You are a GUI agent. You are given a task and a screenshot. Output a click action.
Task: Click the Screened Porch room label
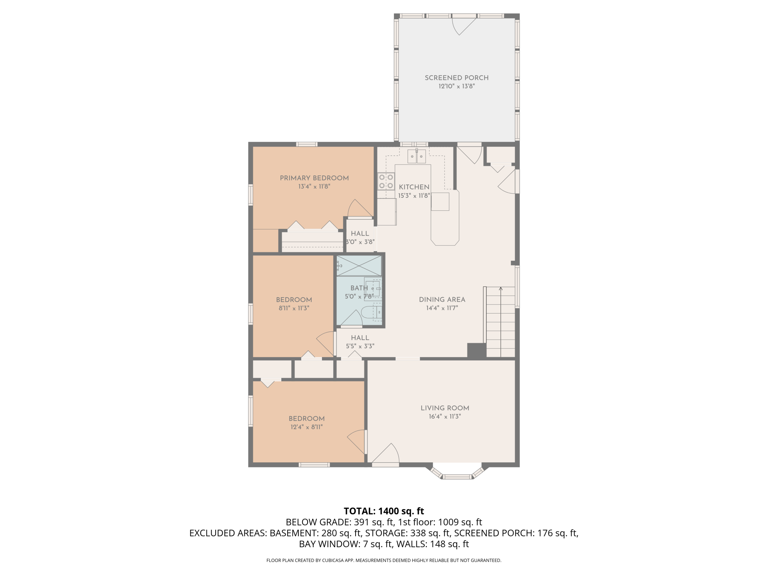click(x=457, y=78)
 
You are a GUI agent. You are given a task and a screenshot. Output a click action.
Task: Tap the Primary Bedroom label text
click(x=314, y=178)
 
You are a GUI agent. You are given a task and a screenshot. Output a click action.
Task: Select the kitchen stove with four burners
click(x=386, y=181)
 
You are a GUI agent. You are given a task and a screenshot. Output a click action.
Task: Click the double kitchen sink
click(x=417, y=156)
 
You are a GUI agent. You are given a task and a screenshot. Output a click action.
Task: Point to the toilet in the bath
click(x=371, y=312)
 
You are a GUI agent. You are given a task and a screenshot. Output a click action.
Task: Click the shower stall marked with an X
click(x=359, y=265)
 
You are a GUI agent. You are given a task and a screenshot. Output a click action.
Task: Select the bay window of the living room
click(x=457, y=472)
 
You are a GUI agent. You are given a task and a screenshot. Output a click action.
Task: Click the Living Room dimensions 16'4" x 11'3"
click(x=445, y=416)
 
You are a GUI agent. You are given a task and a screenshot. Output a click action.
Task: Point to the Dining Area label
click(x=442, y=299)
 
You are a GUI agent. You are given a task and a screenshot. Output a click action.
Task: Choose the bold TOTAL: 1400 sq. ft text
click(x=384, y=511)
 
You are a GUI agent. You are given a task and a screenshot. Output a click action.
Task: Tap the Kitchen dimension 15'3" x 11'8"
click(x=414, y=196)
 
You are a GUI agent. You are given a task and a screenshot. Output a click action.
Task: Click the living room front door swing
click(x=386, y=453)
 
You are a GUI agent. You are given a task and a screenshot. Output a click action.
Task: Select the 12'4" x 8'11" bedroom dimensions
click(x=306, y=427)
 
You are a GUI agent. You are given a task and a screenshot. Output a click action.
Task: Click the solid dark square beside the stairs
click(x=477, y=350)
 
